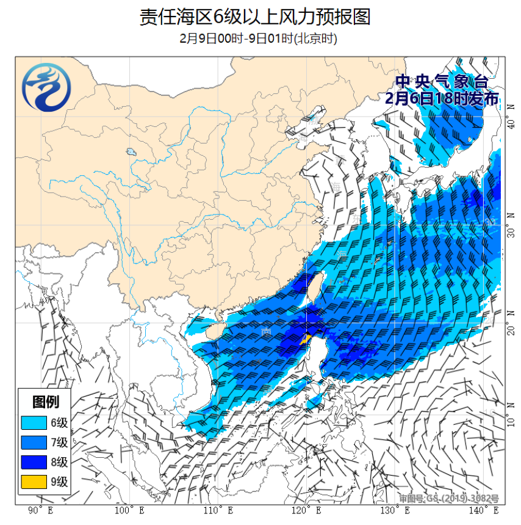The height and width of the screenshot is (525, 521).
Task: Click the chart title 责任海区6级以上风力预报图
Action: point(255,17)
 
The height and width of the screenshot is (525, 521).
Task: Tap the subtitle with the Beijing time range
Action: point(259,38)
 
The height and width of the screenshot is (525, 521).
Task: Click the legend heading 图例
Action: point(46,402)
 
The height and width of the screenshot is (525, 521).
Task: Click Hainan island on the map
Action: point(209,330)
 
